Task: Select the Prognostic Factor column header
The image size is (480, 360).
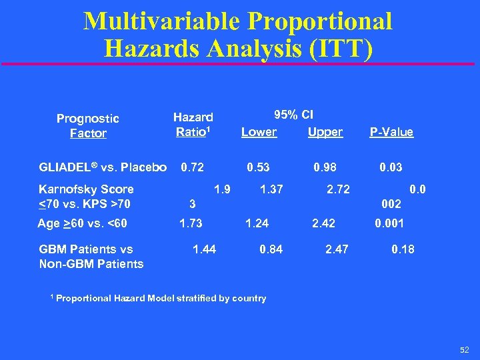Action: [87, 126]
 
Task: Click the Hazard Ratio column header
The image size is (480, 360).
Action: [193, 125]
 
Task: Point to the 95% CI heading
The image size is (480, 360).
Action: [294, 114]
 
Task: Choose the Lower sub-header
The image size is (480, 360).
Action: [259, 132]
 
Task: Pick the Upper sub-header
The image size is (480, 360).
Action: [325, 132]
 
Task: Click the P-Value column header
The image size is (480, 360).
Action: [391, 132]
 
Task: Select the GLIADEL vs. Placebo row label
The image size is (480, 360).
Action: [103, 167]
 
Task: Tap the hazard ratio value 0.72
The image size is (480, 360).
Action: [193, 167]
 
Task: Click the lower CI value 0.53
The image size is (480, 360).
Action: [258, 167]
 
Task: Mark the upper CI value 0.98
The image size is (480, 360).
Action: [325, 167]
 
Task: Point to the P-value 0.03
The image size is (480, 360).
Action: [391, 167]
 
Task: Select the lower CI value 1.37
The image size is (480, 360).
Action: [271, 190]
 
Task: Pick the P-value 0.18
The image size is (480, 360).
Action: [403, 249]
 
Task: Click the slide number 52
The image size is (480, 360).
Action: [465, 349]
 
